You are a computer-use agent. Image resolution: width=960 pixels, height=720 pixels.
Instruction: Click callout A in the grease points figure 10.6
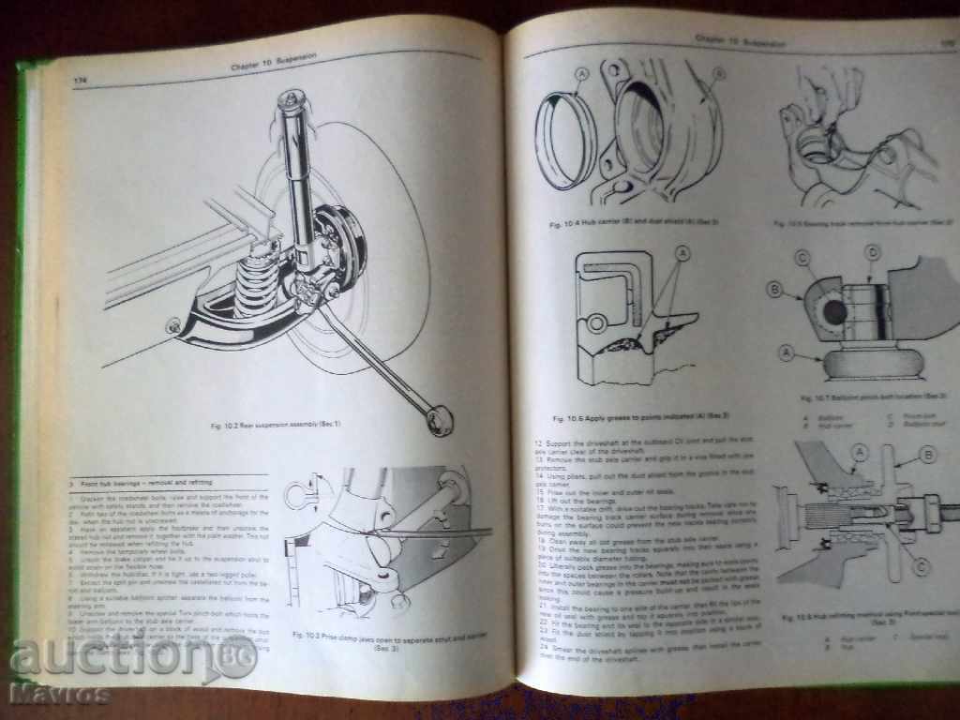[682, 253]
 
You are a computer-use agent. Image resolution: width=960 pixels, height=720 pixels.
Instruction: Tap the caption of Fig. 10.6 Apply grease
[623, 418]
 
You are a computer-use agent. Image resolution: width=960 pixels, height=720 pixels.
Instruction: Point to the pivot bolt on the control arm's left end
[172, 324]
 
